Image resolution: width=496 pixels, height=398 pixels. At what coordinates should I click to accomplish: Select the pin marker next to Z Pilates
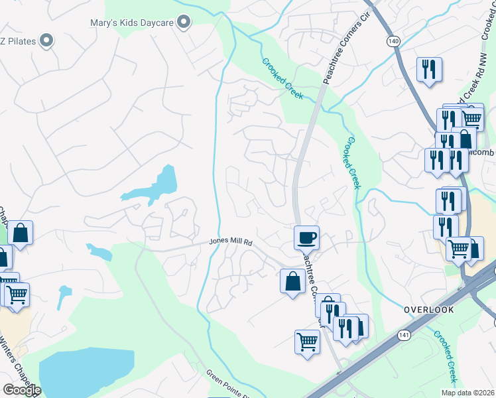(x=46, y=42)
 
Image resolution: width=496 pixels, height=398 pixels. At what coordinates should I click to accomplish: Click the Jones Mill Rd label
(x=232, y=242)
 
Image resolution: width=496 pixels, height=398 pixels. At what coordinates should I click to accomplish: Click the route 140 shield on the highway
(x=395, y=41)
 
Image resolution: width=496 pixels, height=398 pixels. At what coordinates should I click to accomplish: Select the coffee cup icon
(x=306, y=237)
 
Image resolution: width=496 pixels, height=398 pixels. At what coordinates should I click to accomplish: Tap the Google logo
(x=22, y=389)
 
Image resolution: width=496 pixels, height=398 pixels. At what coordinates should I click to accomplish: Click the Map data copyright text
(x=467, y=393)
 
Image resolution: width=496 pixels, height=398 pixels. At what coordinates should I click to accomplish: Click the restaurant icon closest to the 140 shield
(x=430, y=69)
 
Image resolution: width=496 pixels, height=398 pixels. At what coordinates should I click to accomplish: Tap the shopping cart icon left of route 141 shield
(x=307, y=342)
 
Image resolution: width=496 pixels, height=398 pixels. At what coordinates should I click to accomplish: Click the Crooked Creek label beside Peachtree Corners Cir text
(x=282, y=78)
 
